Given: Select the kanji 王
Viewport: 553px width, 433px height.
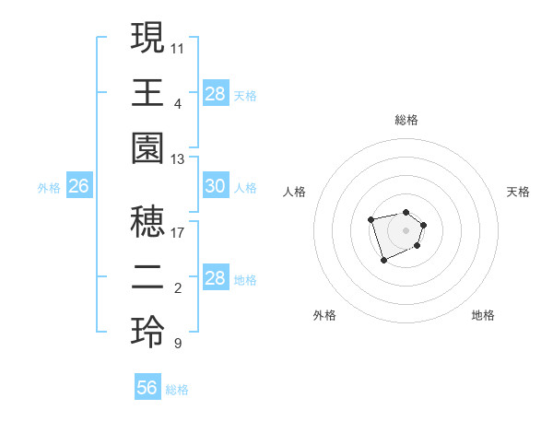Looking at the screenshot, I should tap(148, 93).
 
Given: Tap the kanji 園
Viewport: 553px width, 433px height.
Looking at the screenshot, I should tap(148, 149).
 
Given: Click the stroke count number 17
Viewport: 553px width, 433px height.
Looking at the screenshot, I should tap(178, 232).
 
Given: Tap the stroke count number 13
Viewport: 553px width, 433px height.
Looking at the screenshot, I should tap(178, 159).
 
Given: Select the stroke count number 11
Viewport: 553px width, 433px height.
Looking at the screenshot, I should tap(178, 47).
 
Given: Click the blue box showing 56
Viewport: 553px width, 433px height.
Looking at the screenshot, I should tap(147, 388).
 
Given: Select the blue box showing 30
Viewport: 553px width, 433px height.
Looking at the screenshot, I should tap(216, 186).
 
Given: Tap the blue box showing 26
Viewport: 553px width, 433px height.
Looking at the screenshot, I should tap(79, 187).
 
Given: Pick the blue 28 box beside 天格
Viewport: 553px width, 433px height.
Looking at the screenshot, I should tap(216, 94).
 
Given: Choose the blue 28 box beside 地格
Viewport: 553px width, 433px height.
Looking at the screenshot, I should tap(216, 278).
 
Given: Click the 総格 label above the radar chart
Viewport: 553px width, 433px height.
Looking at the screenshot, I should tap(406, 120).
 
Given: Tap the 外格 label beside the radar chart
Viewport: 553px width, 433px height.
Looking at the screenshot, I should tap(324, 315).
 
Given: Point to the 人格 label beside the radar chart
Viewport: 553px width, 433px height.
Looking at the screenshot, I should tap(295, 192).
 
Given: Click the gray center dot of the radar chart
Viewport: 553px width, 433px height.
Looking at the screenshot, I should tap(406, 229).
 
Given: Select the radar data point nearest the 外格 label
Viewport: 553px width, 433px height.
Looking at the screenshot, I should tap(383, 261).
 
